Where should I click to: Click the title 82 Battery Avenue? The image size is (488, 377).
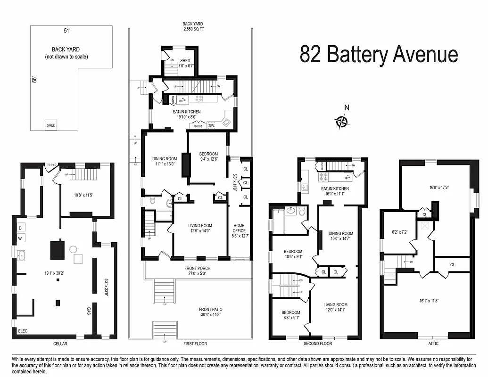[379, 54]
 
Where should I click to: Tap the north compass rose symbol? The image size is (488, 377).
[342, 122]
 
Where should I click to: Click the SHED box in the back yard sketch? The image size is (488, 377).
[50, 125]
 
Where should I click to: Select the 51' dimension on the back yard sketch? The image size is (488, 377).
[67, 31]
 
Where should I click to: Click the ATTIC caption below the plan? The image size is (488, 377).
[432, 344]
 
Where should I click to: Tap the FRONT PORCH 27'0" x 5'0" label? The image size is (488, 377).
[197, 271]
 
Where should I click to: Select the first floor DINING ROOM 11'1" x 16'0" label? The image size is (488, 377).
[164, 161]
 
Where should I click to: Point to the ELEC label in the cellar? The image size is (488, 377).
[22, 331]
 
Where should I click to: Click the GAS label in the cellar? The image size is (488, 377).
[88, 311]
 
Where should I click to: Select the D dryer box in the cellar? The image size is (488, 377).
[21, 228]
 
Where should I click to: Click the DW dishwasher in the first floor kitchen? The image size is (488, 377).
[212, 125]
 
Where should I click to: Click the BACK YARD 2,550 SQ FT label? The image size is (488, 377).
[192, 26]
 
